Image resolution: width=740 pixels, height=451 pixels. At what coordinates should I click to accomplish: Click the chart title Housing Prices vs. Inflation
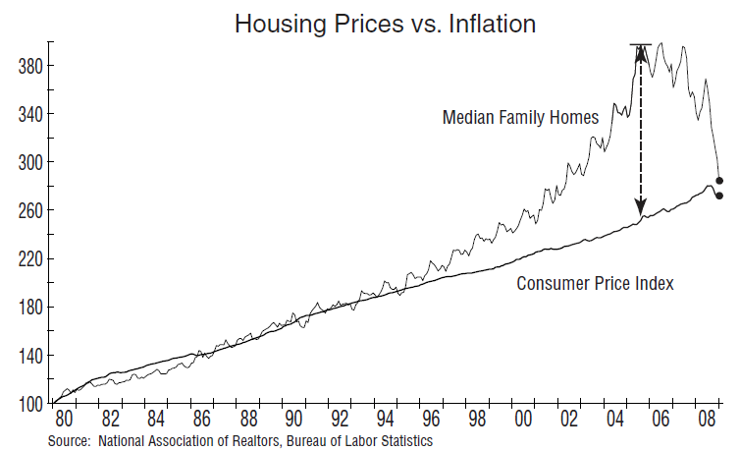pos(385,24)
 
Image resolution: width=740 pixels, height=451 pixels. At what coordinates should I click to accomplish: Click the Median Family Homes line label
pos(519,118)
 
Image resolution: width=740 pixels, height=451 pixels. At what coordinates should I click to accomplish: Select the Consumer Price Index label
pos(594,284)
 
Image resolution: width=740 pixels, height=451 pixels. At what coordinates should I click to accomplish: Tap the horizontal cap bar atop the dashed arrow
pos(641,45)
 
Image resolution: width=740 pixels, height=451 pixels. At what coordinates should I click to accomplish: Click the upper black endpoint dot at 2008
pos(719,181)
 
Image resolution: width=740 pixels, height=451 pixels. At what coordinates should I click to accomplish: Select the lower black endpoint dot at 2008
pos(719,196)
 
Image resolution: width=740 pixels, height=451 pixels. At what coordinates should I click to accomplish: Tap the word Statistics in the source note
pos(404,441)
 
